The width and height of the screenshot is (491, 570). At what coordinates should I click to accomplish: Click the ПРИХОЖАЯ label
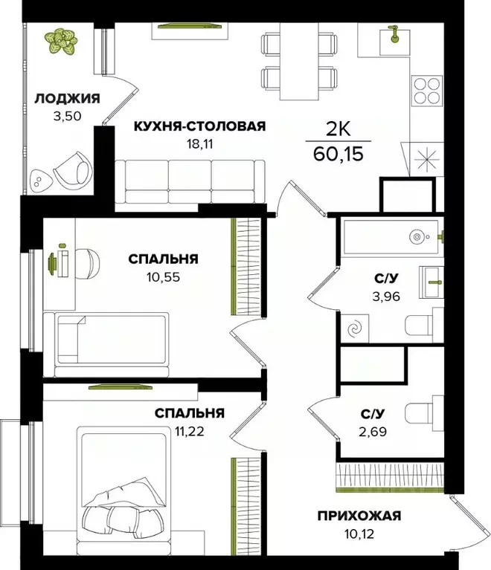[360, 516]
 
